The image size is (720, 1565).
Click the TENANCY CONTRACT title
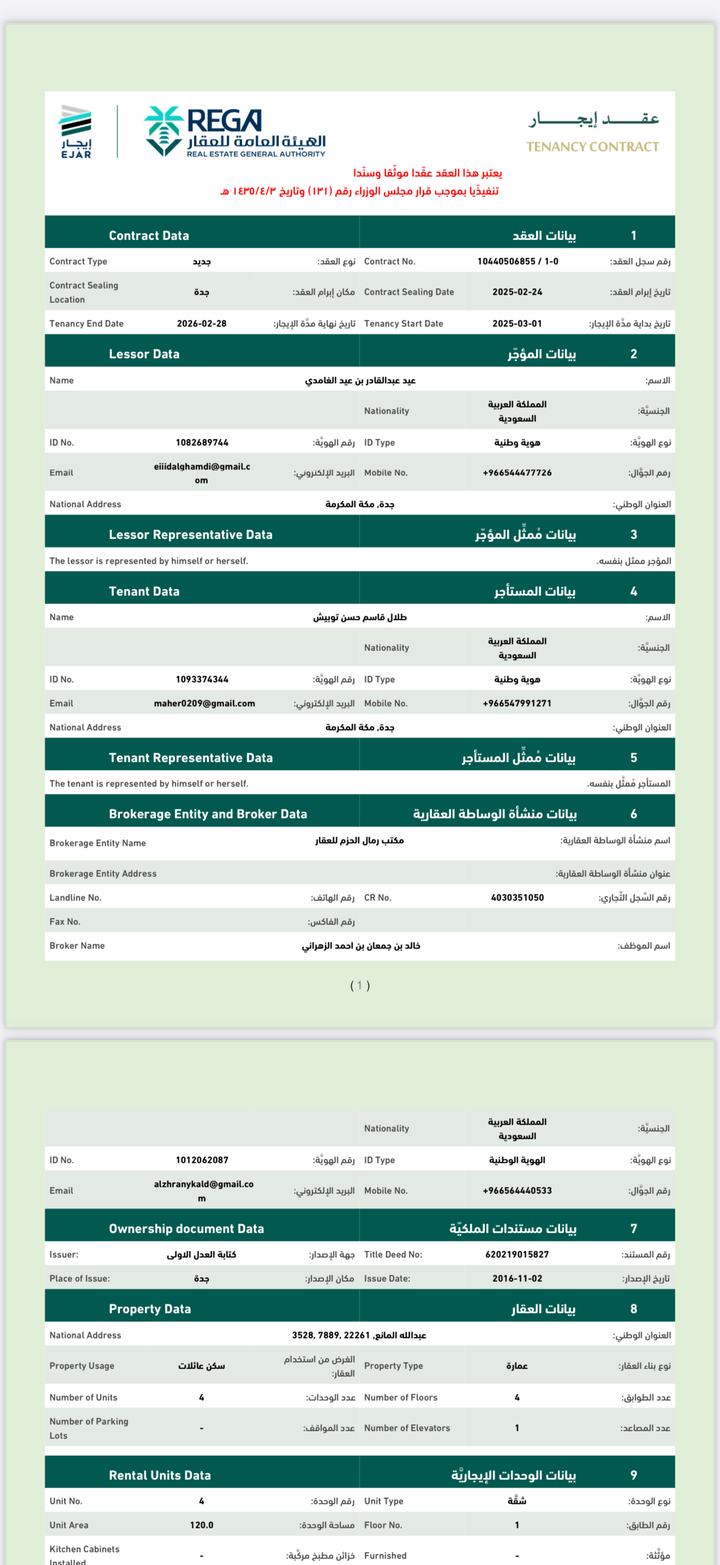[592, 146]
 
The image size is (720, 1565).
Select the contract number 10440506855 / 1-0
[517, 261]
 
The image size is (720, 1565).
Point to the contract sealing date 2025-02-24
[517, 291]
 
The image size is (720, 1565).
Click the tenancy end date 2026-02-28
[202, 323]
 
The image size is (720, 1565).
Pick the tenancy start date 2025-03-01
[517, 323]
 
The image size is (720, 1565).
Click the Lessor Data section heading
[144, 354]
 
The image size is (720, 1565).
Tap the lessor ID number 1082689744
[202, 443]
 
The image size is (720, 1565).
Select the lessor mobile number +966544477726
[517, 473]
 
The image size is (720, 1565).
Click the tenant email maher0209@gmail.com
[204, 703]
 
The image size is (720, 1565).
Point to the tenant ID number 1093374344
[202, 679]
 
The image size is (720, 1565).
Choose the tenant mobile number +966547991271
[517, 703]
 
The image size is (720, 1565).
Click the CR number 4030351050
[517, 897]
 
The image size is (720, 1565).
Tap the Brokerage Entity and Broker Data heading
[208, 814]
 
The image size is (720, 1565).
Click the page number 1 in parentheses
[360, 985]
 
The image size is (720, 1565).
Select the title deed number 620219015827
[517, 1254]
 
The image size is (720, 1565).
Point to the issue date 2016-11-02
[517, 1278]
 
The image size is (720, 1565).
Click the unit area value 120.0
[202, 1525]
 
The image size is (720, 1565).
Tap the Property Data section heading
[150, 1309]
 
